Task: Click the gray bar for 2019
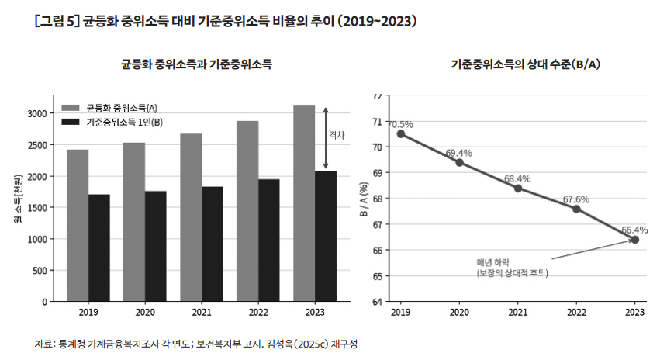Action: (x=78, y=226)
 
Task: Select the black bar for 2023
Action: (x=326, y=237)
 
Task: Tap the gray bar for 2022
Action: (x=247, y=212)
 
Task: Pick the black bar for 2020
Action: (x=156, y=247)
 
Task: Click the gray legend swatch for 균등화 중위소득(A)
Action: (x=71, y=108)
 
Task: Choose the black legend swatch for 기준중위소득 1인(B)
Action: (x=71, y=122)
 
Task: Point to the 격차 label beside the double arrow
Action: (x=337, y=135)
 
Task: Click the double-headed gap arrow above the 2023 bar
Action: (x=326, y=138)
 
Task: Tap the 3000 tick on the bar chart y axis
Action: (x=37, y=113)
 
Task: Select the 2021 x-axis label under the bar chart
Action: (x=202, y=313)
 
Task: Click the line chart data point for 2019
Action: (x=401, y=134)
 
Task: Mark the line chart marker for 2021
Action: (x=517, y=188)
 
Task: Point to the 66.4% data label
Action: (x=634, y=230)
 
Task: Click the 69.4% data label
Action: (x=459, y=153)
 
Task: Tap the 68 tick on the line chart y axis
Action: (x=377, y=199)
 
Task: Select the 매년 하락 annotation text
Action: (x=492, y=262)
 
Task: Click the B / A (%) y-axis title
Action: (x=364, y=199)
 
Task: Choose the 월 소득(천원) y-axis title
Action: (x=18, y=199)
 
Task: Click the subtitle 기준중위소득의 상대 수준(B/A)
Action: (x=525, y=64)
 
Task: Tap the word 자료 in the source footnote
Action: (x=43, y=344)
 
